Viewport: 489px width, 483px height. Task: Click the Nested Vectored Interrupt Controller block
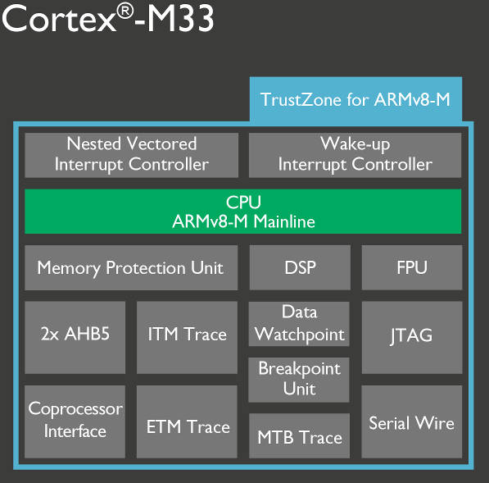[132, 153]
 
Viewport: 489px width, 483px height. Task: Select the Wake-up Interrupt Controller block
[355, 153]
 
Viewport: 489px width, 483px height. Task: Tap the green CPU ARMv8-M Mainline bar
[243, 212]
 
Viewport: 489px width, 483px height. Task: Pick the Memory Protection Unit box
[130, 267]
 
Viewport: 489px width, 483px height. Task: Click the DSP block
[299, 267]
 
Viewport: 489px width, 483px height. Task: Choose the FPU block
[410, 267]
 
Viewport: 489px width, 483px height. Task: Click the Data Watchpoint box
[299, 324]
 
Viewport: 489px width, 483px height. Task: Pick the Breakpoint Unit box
[299, 379]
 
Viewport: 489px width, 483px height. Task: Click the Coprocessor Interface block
[75, 421]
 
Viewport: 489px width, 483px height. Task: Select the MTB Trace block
[299, 436]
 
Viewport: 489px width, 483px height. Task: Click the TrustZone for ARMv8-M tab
[355, 99]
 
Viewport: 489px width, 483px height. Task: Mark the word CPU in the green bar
[243, 202]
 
